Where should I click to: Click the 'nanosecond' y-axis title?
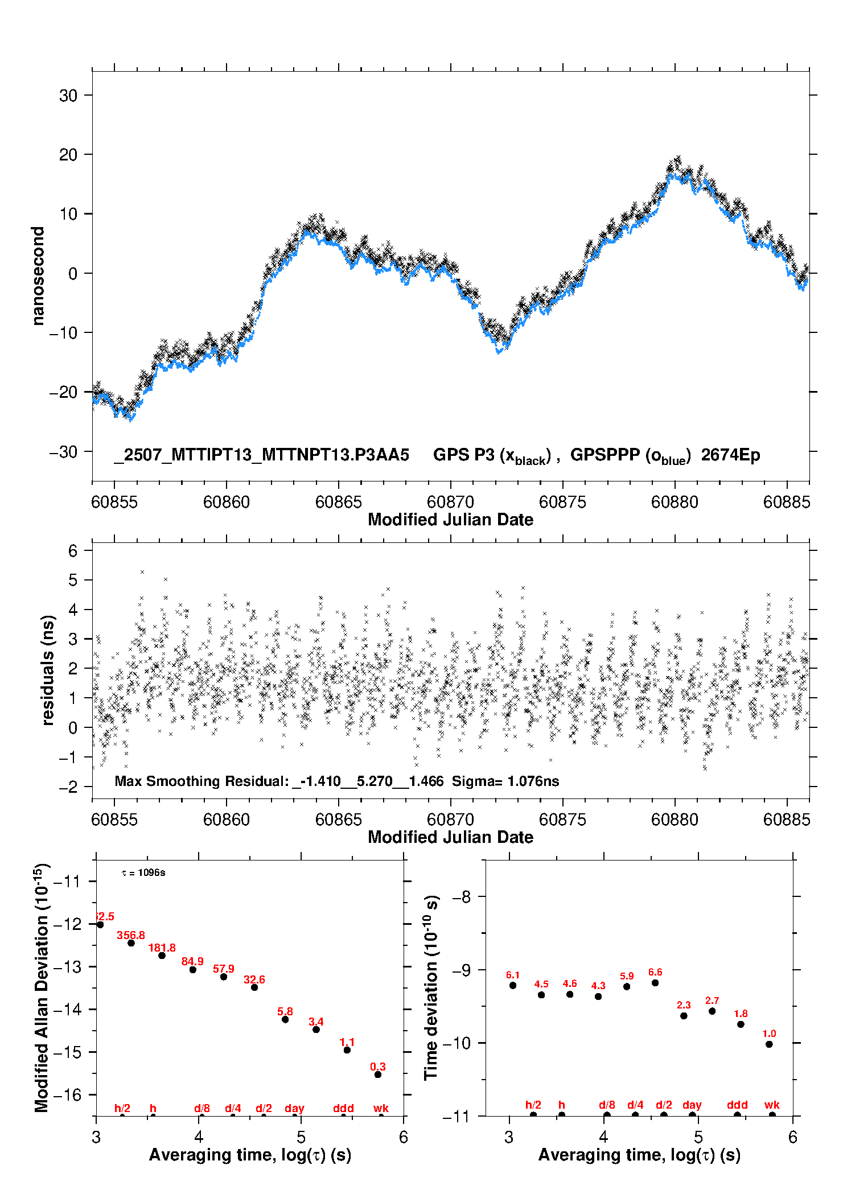click(x=38, y=275)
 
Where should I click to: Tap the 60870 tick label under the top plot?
click(x=450, y=502)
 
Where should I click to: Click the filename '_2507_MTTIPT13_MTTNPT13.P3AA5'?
click(x=261, y=455)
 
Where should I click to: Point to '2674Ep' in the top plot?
click(x=730, y=455)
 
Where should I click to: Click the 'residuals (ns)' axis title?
click(x=48, y=670)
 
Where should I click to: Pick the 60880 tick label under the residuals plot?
click(x=675, y=820)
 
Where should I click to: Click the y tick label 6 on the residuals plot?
click(x=72, y=551)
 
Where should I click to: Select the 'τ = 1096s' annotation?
click(x=143, y=873)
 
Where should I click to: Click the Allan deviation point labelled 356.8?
click(x=131, y=943)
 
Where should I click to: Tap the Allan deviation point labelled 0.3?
click(x=378, y=1075)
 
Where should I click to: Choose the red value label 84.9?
click(x=192, y=961)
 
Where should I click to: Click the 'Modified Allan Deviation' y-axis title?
click(x=42, y=988)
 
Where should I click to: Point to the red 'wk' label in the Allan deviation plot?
click(x=381, y=1108)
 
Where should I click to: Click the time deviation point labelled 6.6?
click(x=655, y=983)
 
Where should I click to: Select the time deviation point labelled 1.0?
click(x=769, y=1044)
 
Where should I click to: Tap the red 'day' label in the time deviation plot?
click(x=692, y=1105)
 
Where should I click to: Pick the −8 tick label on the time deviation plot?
click(x=461, y=897)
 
